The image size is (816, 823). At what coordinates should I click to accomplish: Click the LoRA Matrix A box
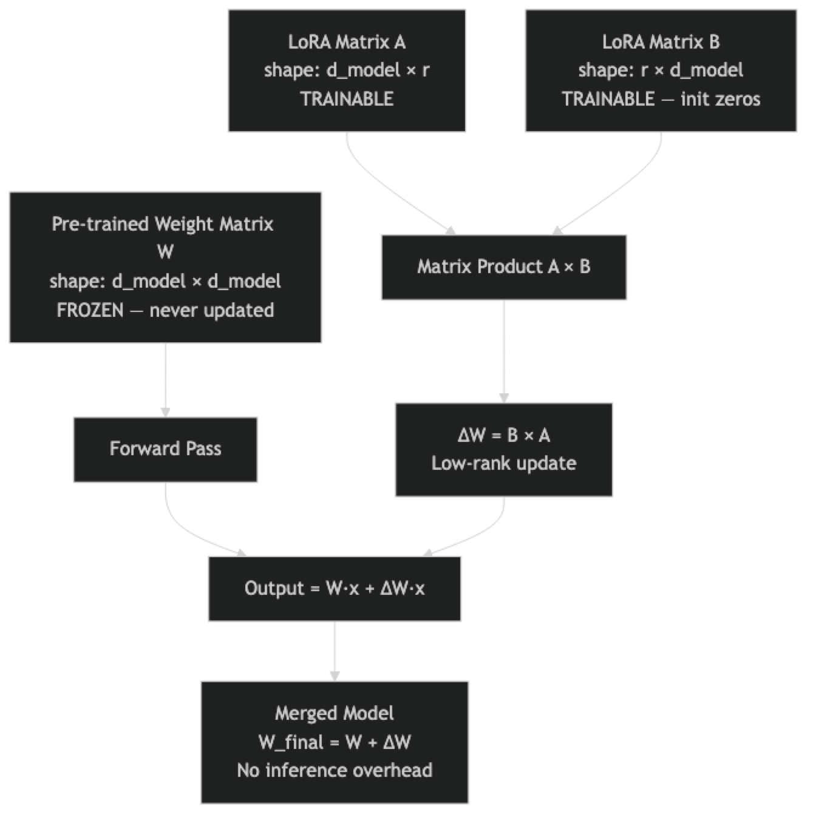[x=347, y=70]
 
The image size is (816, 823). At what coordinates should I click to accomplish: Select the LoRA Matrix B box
[x=661, y=70]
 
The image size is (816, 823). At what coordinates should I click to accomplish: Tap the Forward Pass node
[x=165, y=449]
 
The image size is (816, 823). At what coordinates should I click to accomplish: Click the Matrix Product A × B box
[x=503, y=267]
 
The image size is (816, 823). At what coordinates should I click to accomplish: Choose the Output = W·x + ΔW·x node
[x=335, y=589]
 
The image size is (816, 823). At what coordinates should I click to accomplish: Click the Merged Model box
[x=335, y=742]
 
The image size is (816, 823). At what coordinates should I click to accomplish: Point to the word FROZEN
[x=90, y=310]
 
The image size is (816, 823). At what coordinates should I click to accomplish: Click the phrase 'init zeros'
[x=720, y=99]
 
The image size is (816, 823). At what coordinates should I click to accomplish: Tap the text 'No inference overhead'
[x=335, y=770]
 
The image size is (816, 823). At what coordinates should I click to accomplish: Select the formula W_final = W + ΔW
[x=335, y=742]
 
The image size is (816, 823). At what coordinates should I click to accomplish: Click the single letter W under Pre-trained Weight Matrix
[x=165, y=252]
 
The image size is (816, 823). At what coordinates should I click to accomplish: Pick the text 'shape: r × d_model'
[x=661, y=70]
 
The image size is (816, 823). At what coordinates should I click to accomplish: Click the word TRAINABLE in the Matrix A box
[x=347, y=99]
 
